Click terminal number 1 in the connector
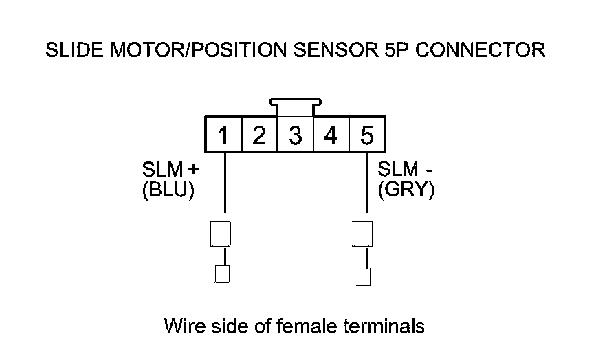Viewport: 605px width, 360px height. tap(223, 135)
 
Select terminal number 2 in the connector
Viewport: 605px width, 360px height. tap(259, 135)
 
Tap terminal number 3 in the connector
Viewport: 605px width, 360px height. tap(296, 135)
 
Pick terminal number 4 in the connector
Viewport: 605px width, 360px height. tap(331, 135)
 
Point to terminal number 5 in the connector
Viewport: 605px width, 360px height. tap(367, 135)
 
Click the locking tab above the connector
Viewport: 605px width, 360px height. tap(296, 106)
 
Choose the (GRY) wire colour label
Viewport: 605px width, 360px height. tap(406, 190)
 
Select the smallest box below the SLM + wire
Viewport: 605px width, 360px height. tap(222, 275)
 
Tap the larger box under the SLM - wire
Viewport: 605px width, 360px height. tap(362, 234)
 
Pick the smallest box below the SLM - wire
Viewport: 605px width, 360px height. tap(364, 277)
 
